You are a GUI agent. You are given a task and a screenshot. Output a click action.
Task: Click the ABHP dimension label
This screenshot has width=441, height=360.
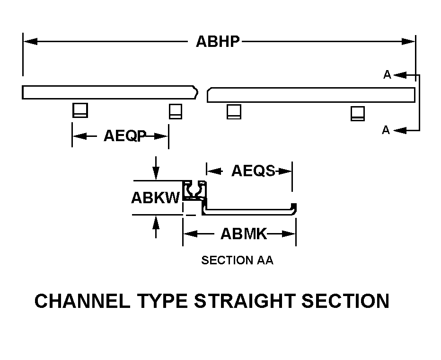click(218, 42)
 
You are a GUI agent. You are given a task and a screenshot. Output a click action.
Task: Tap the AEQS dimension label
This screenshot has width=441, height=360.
click(253, 171)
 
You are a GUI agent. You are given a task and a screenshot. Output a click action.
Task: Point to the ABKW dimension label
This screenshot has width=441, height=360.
click(156, 197)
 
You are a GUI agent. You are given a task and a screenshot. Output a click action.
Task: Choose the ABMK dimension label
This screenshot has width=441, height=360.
click(244, 234)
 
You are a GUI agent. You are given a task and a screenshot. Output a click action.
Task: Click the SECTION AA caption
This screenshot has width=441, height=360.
click(237, 261)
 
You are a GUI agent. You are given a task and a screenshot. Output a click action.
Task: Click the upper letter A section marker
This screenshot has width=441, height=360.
click(387, 75)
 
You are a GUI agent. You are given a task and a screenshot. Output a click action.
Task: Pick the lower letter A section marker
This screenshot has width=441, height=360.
click(386, 130)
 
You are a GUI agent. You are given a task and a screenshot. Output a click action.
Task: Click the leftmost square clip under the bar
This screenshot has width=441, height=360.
click(80, 110)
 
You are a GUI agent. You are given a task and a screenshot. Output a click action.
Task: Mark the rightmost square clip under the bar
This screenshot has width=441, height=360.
click(357, 114)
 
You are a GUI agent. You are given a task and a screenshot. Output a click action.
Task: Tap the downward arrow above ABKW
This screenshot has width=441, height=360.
click(156, 172)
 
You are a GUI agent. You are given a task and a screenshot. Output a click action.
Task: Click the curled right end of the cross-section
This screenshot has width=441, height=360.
click(294, 208)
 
